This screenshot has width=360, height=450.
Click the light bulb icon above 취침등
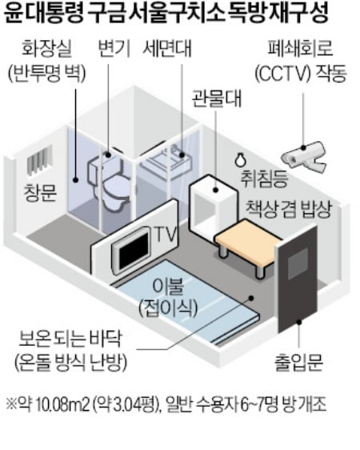click(x=240, y=159)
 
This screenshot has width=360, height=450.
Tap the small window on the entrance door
click(x=298, y=263)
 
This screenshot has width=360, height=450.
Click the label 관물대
click(x=217, y=98)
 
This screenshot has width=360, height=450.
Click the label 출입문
click(x=299, y=362)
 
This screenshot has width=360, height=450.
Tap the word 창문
click(x=40, y=192)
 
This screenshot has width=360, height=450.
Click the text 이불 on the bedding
click(x=168, y=287)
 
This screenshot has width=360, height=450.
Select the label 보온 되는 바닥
click(x=70, y=340)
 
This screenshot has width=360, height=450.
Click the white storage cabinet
click(x=213, y=203)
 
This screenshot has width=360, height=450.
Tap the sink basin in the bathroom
click(x=166, y=163)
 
